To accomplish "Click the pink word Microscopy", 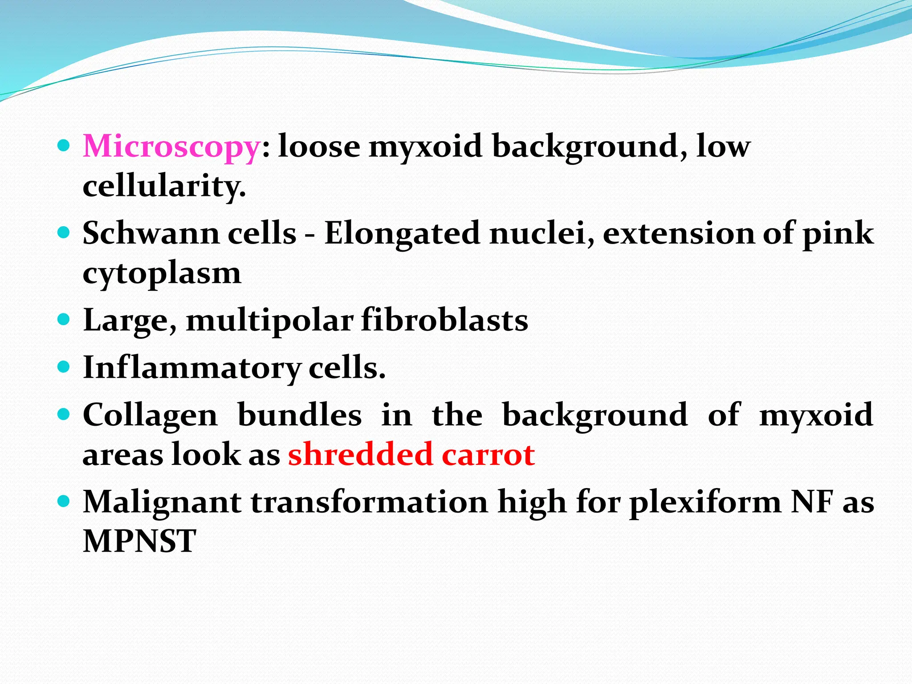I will (171, 147).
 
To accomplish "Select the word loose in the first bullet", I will (319, 146).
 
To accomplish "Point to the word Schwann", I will (151, 233).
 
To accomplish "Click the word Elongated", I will (402, 234).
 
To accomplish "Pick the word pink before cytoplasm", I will (838, 234).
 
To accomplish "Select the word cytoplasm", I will (162, 273).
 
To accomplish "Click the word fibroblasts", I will (444, 320).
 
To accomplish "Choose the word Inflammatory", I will (192, 368).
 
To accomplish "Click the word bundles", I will (299, 415).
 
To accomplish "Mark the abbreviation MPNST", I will (139, 541).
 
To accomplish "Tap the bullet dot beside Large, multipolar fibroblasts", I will (64, 320).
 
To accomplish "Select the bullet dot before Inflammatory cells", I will (64, 367).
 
